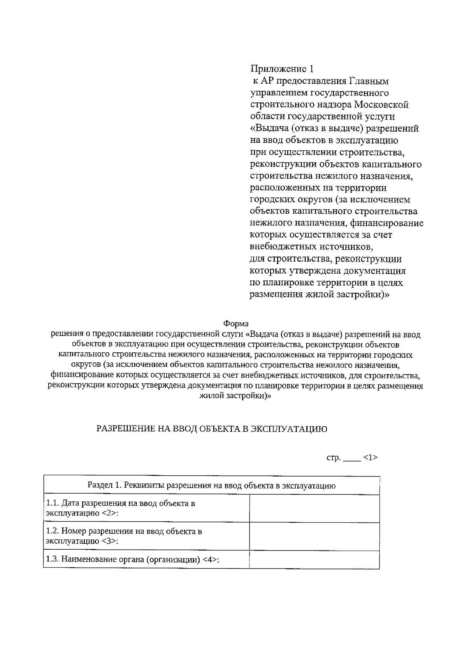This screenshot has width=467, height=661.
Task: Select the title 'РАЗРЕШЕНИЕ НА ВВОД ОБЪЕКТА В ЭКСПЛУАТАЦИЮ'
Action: (x=212, y=429)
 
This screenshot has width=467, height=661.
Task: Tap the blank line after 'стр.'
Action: (x=352, y=458)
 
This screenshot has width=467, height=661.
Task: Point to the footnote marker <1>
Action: (x=370, y=457)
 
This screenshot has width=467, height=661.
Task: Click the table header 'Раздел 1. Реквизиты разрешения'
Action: (x=212, y=486)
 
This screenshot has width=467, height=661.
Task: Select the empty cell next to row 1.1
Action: (x=314, y=508)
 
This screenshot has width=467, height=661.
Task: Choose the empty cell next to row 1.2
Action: (x=314, y=536)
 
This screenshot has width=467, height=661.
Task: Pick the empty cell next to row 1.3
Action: (x=314, y=559)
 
